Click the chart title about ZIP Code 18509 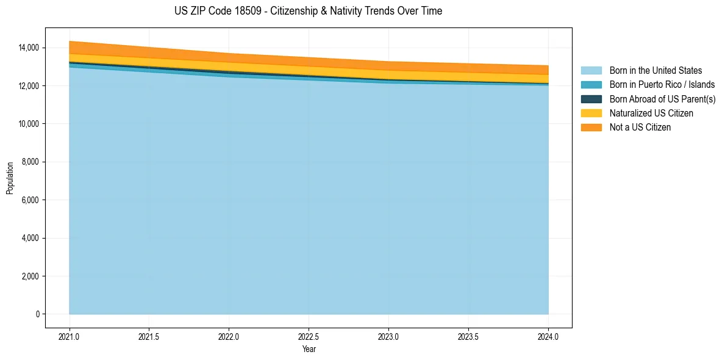coord(308,11)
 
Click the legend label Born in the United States coord(655,71)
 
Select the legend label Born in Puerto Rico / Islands coord(662,85)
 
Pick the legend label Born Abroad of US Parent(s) coord(662,99)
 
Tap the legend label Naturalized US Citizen coord(651,113)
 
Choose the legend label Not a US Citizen coord(640,128)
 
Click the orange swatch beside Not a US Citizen coord(591,128)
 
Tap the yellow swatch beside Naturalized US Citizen coord(591,113)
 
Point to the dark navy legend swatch coord(591,99)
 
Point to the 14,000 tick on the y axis coord(29,48)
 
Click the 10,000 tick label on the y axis coord(29,124)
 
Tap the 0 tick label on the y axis coord(37,314)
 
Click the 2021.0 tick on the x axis coord(70,336)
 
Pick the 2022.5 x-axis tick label coord(309,336)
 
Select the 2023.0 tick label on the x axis coord(388,336)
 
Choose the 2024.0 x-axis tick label coord(548,336)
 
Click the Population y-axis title coord(10,178)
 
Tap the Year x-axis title coord(309,349)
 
